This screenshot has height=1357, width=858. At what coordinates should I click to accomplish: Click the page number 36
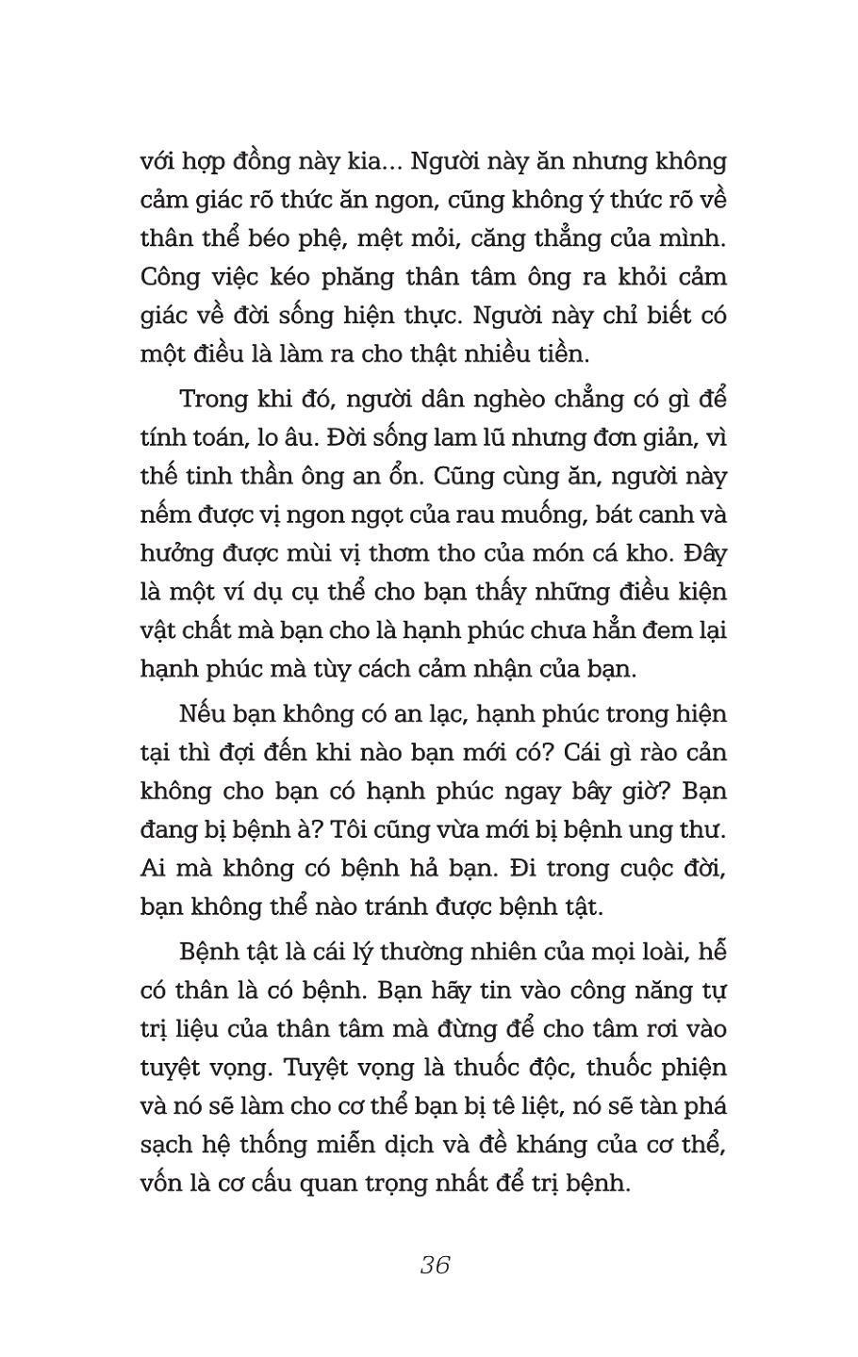coord(435,1265)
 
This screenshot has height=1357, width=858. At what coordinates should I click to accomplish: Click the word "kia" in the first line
coord(355,162)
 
